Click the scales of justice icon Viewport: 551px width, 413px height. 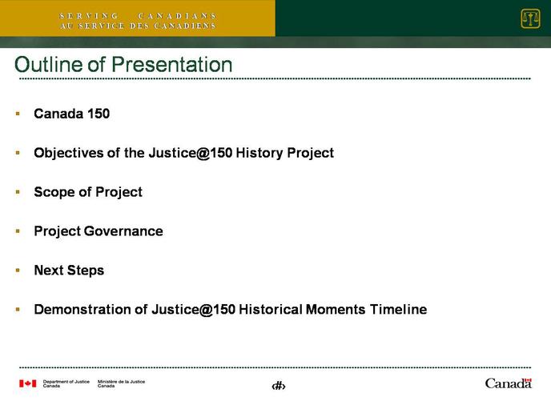pyautogui.click(x=530, y=18)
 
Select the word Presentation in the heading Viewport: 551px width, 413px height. pyautogui.click(x=172, y=65)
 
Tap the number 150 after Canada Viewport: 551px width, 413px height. pyautogui.click(x=99, y=114)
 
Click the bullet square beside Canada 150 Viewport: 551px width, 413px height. pyautogui.click(x=18, y=114)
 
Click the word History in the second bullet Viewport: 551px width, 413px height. pyautogui.click(x=259, y=153)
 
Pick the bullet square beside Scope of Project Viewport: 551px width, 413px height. pyautogui.click(x=18, y=192)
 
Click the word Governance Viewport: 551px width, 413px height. pyautogui.click(x=123, y=231)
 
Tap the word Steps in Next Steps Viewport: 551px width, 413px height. pyautogui.click(x=86, y=271)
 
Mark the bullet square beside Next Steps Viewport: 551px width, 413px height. pyautogui.click(x=18, y=271)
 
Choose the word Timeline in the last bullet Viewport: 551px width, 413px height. pyautogui.click(x=399, y=310)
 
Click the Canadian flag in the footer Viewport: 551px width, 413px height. pyautogui.click(x=28, y=383)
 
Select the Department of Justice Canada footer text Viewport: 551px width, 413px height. pyautogui.click(x=66, y=383)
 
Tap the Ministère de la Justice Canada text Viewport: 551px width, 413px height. pyautogui.click(x=121, y=383)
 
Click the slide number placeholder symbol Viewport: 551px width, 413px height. pyautogui.click(x=279, y=387)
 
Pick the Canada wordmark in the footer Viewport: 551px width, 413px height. pyautogui.click(x=508, y=383)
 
